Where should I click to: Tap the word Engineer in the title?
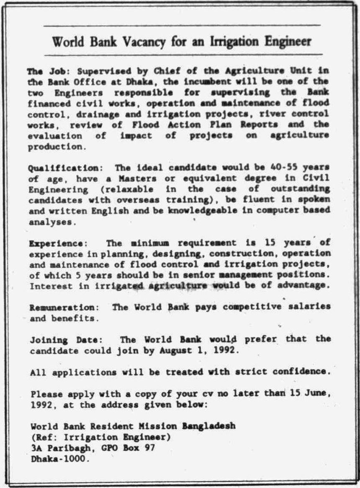(288, 42)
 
